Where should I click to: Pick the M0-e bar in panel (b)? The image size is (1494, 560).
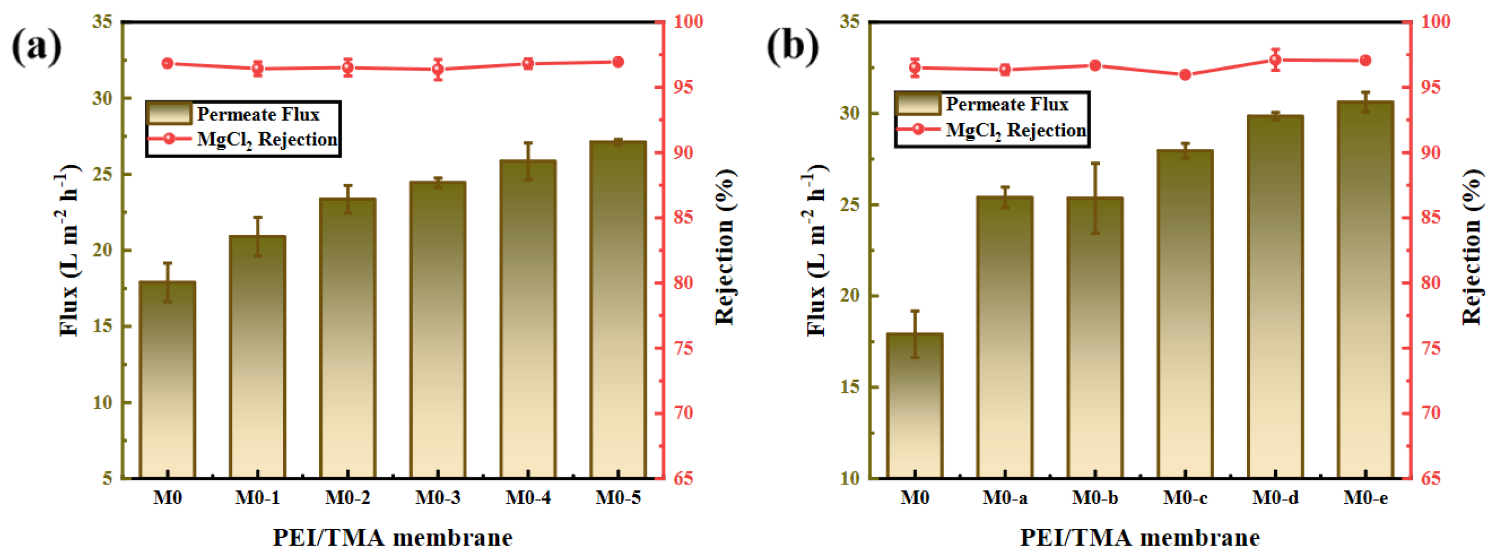point(1365,290)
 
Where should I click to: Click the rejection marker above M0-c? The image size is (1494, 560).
point(1185,75)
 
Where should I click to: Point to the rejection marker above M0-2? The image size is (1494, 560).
point(348,67)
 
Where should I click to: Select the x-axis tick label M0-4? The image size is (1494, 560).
point(528,498)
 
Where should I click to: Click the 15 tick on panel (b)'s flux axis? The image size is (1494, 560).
point(850,387)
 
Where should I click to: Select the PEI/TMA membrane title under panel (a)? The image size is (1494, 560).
point(393,538)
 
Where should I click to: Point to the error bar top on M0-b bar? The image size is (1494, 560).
point(1095,163)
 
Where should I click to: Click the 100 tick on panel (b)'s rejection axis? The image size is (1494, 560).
point(1435,22)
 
